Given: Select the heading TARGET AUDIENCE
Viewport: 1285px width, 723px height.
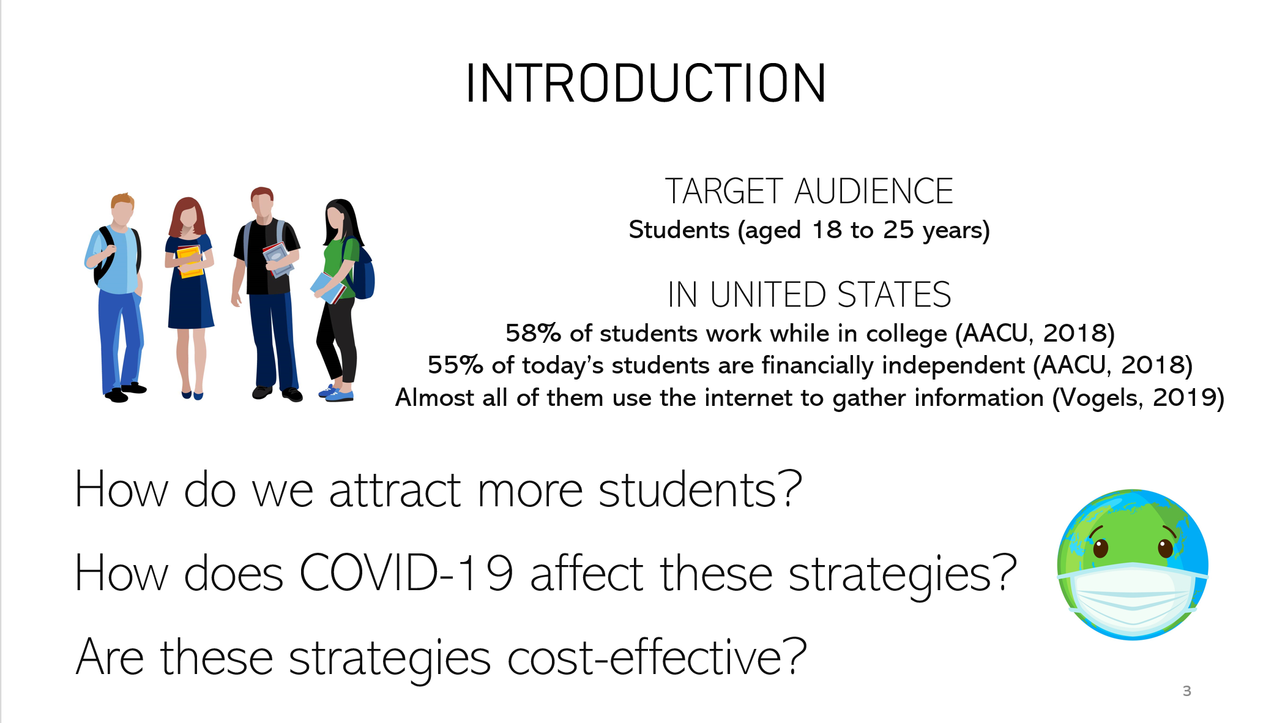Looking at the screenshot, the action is (809, 191).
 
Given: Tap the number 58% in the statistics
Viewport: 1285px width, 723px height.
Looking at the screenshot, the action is (533, 333).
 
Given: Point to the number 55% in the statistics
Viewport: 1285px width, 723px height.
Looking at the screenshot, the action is (455, 365).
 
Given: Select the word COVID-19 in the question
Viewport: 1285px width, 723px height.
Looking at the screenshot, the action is (406, 573).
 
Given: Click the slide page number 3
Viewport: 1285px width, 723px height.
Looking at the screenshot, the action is (1186, 691).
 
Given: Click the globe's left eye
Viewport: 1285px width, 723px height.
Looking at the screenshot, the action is (1100, 547).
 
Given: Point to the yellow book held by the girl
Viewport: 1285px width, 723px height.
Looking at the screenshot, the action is (189, 261).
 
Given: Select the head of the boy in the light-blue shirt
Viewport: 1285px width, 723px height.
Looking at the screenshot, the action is (122, 210).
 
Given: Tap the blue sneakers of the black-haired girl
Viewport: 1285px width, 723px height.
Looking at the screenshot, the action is (337, 393).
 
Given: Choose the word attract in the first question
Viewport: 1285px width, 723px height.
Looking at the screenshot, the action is (395, 490).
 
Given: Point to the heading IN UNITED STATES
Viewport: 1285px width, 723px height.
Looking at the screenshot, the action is (809, 294).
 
